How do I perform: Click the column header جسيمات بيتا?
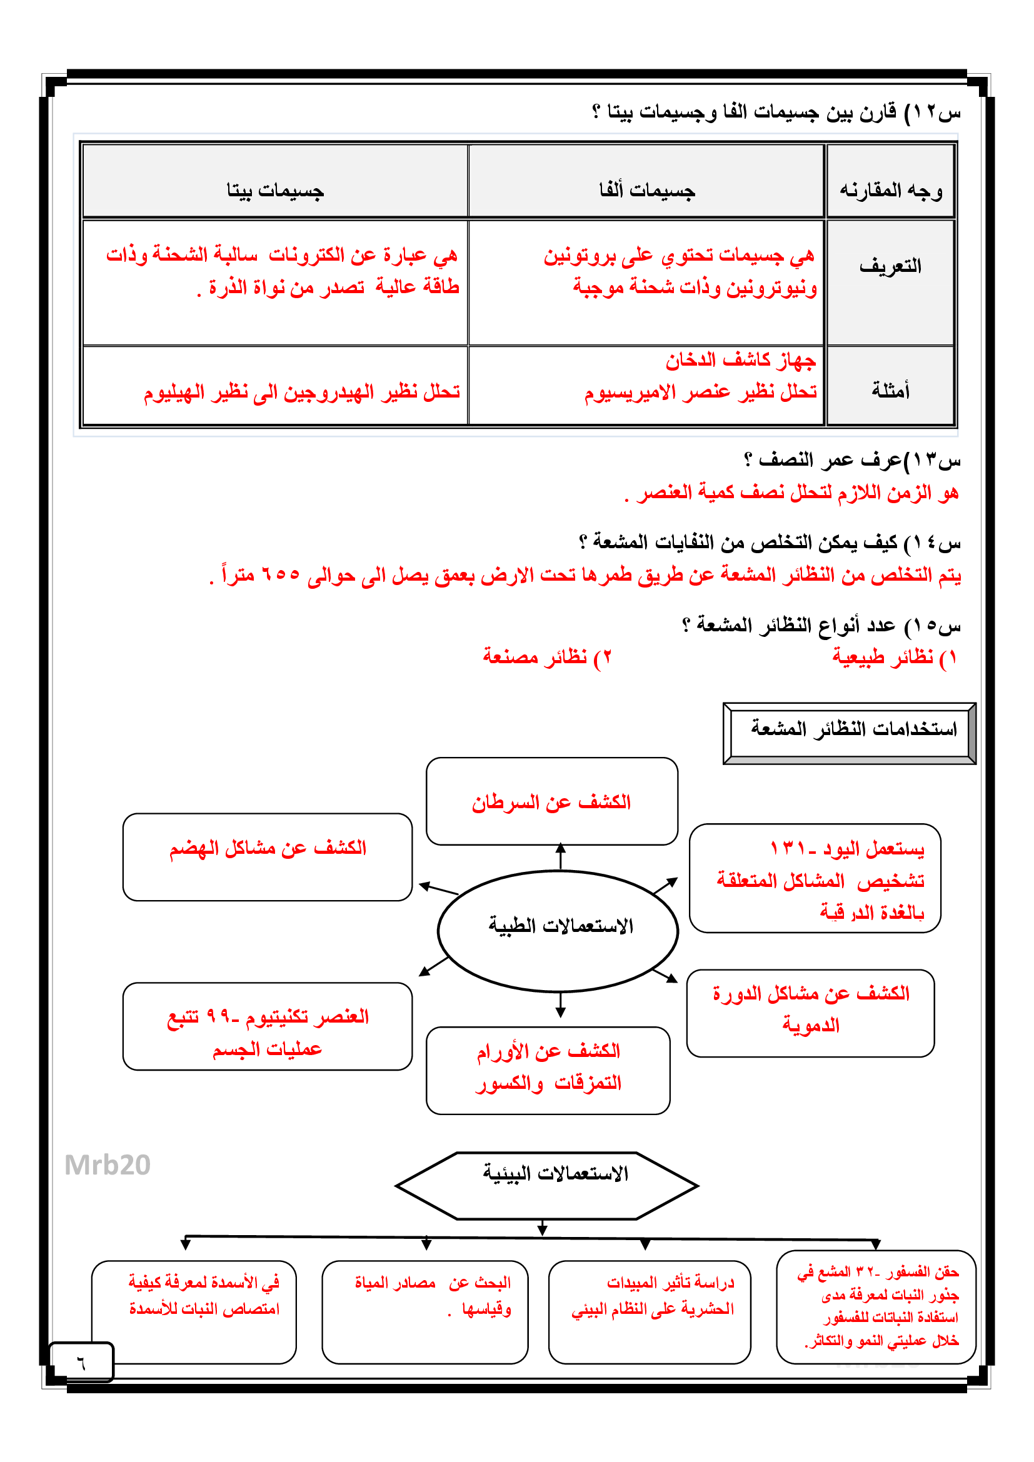coord(275,190)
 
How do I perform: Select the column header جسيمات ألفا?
coord(646,190)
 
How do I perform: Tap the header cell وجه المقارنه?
coord(890,190)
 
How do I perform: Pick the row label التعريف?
coord(890,266)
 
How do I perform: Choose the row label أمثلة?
coord(890,389)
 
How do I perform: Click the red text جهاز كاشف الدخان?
coord(740,361)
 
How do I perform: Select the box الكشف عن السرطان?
coord(551,802)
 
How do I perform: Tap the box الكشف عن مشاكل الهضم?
coord(268,856)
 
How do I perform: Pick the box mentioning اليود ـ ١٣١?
coord(815,879)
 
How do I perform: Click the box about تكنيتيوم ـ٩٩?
coord(268,1026)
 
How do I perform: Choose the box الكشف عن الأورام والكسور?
coord(548,1069)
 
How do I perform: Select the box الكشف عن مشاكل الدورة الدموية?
coord(811,1013)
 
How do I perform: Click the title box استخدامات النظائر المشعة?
coord(850,729)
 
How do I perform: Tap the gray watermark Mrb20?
coord(108,1164)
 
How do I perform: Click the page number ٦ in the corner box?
coord(81,1363)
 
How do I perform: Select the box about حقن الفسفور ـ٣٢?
coord(876,1306)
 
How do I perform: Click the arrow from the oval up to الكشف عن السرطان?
coord(560,856)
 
